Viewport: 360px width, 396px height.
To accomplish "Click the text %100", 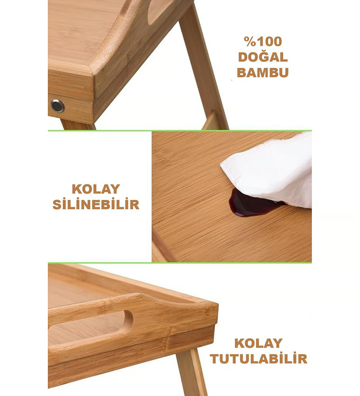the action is coord(263,42).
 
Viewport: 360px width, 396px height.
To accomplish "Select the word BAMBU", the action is coord(263,72).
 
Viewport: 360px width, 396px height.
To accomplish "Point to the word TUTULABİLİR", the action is coord(258,358).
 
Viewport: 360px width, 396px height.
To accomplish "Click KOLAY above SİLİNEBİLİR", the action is coord(96,189).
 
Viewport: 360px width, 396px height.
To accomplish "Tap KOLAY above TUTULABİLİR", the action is coord(258,343).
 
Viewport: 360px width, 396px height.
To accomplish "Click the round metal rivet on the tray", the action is coord(57,106).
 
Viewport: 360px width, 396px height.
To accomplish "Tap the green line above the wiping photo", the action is coord(180,131).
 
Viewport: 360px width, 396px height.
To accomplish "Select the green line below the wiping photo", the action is coord(180,263).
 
